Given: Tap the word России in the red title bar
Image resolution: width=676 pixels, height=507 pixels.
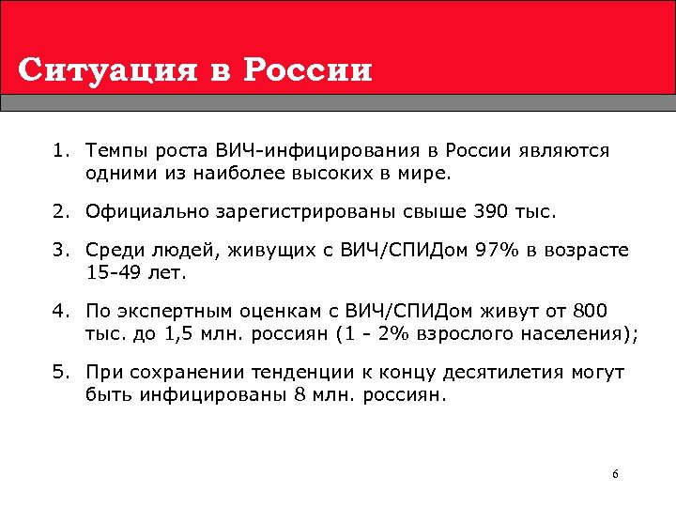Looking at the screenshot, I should point(313,70).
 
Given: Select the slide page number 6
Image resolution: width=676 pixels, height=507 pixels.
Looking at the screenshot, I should point(615,474).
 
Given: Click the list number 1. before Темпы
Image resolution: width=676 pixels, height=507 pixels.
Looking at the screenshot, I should point(62,150).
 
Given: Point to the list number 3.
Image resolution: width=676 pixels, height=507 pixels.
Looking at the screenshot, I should point(62,249).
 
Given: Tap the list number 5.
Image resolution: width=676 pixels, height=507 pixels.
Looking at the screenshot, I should point(62,373).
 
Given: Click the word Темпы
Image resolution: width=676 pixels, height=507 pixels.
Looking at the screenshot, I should point(113,150).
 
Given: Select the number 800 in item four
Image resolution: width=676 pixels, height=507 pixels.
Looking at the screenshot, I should point(591,311).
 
